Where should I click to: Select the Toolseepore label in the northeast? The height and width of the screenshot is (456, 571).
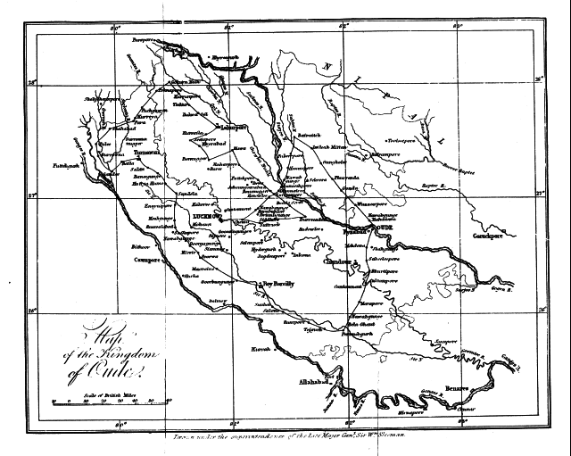(x=404, y=141)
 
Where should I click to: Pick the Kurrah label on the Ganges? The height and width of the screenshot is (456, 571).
(x=260, y=349)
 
